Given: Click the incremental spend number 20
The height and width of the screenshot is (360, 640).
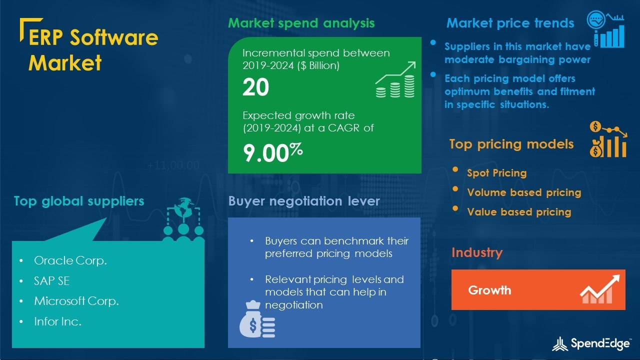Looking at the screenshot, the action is point(255,87).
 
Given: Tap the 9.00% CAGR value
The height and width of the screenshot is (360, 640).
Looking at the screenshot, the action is point(273,152).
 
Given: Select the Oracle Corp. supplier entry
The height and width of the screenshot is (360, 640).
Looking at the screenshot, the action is point(70,261).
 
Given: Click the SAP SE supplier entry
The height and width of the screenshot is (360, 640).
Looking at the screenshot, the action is point(51,281).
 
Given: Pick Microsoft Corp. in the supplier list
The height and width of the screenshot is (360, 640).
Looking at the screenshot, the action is point(76,301).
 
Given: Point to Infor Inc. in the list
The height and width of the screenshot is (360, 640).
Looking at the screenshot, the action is point(57,321).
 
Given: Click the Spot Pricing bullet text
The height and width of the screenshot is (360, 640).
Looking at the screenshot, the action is point(497,173).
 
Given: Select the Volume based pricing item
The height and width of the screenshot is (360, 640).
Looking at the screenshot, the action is point(524,192).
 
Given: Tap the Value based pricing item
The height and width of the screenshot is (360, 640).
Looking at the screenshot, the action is point(519,212).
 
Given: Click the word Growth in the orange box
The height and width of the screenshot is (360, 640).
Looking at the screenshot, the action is point(489,290).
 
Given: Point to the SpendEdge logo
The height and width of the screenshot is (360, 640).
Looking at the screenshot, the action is point(591,343).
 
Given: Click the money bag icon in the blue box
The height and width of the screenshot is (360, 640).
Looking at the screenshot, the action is point(257,319).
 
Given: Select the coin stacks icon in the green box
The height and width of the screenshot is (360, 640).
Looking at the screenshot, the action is point(395,79).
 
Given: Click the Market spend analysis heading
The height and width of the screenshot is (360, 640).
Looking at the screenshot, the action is point(301,23).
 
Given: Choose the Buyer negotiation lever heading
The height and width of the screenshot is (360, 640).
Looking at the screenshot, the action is point(304,201).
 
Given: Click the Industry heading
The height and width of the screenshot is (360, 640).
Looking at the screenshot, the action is point(477,252).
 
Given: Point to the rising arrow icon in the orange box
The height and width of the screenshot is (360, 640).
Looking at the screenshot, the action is point(599,289).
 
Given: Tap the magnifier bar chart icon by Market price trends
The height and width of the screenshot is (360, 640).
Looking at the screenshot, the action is point(605,29).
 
